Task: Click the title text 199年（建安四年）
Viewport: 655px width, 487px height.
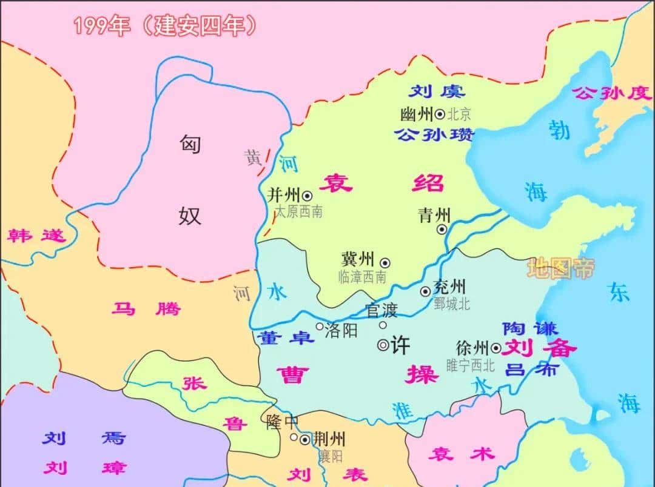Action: pyautogui.click(x=165, y=26)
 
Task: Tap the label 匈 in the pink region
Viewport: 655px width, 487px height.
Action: pyautogui.click(x=189, y=144)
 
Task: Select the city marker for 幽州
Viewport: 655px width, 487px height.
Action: pyautogui.click(x=440, y=114)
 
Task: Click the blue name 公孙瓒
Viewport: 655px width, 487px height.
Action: pyautogui.click(x=434, y=134)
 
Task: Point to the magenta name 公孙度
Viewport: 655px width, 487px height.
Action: pyautogui.click(x=612, y=93)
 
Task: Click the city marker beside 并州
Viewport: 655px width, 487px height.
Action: pyautogui.click(x=307, y=196)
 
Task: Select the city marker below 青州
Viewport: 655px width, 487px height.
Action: pyautogui.click(x=442, y=229)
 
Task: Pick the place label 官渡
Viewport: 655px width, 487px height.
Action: pyautogui.click(x=381, y=311)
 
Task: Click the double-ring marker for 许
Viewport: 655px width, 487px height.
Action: pyautogui.click(x=383, y=345)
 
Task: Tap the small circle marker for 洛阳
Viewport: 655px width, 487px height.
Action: pyautogui.click(x=320, y=326)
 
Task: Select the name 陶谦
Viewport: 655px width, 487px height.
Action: pyautogui.click(x=530, y=328)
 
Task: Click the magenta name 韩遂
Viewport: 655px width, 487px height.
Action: pyautogui.click(x=36, y=236)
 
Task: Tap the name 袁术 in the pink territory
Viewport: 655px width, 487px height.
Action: pyautogui.click(x=461, y=454)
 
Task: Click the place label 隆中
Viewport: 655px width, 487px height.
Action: pyautogui.click(x=282, y=422)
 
